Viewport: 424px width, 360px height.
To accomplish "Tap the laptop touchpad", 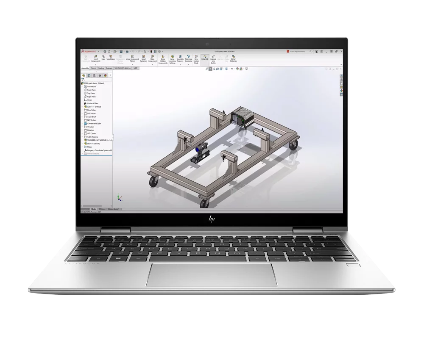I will pyautogui.click(x=212, y=274).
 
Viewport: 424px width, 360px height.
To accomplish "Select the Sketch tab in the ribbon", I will pyautogui.click(x=93, y=68).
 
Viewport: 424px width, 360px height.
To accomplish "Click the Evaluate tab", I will pyautogui.click(x=109, y=68).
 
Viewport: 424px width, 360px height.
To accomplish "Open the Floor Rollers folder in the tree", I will pyautogui.click(x=92, y=110).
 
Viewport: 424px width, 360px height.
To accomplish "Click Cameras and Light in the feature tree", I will pyautogui.click(x=94, y=124).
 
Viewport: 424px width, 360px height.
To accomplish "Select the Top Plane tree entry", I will pyautogui.click(x=91, y=93).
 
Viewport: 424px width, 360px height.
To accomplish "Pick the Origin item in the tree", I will pyautogui.click(x=89, y=100).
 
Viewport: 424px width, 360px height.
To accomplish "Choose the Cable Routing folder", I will pyautogui.click(x=92, y=137).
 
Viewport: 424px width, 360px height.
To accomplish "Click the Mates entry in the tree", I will pyautogui.click(x=89, y=147).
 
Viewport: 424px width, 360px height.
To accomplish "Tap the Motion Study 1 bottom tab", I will pyautogui.click(x=114, y=209).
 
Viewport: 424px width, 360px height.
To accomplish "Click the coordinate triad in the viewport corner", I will pyautogui.click(x=120, y=198).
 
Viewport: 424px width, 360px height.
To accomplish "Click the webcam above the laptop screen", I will pyautogui.click(x=207, y=44).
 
